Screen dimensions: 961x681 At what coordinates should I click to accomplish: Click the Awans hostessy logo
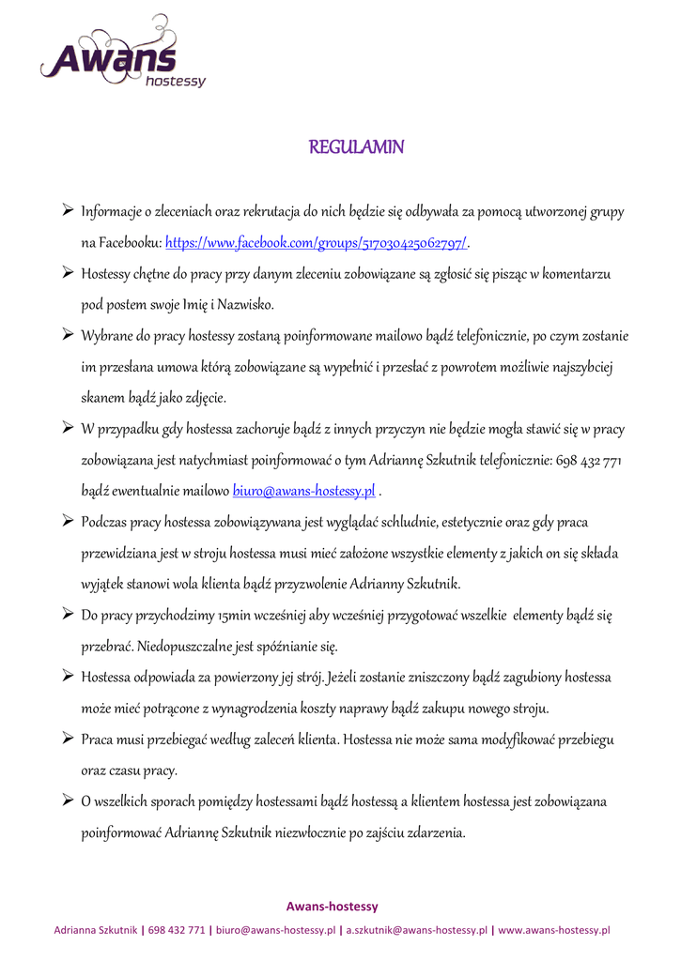point(122,56)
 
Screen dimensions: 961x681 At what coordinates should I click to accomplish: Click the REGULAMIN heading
point(357,147)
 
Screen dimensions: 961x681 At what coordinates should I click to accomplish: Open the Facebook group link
point(317,243)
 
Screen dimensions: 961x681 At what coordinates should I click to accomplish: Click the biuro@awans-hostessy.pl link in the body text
point(304,490)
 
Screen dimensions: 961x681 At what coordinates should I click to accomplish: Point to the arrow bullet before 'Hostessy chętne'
point(69,273)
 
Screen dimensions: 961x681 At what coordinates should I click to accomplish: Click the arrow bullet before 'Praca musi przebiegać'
point(69,739)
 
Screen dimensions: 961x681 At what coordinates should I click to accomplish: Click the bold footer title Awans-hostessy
point(332,906)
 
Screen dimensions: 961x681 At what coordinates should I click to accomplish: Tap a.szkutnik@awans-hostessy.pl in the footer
point(417,930)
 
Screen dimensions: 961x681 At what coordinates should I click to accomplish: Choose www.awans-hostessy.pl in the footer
point(554,930)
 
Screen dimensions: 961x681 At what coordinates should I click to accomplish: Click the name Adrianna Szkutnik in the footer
point(96,930)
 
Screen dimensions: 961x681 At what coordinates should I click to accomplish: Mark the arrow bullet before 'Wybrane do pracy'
point(69,335)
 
